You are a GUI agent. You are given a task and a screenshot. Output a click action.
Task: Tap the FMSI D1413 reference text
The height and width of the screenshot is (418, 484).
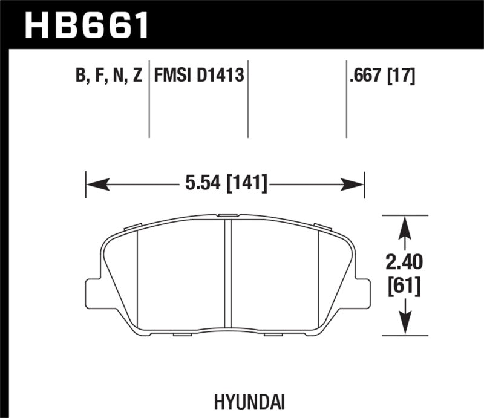pos(199,76)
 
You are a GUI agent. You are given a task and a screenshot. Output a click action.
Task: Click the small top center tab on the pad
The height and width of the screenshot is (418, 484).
pos(228,214)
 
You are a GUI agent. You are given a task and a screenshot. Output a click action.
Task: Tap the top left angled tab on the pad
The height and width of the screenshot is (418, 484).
pos(131,227)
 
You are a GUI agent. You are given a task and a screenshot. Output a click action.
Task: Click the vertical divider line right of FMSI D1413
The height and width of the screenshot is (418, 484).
pos(249,100)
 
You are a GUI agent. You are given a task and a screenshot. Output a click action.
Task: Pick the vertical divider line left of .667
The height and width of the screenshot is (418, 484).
pos(346,100)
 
